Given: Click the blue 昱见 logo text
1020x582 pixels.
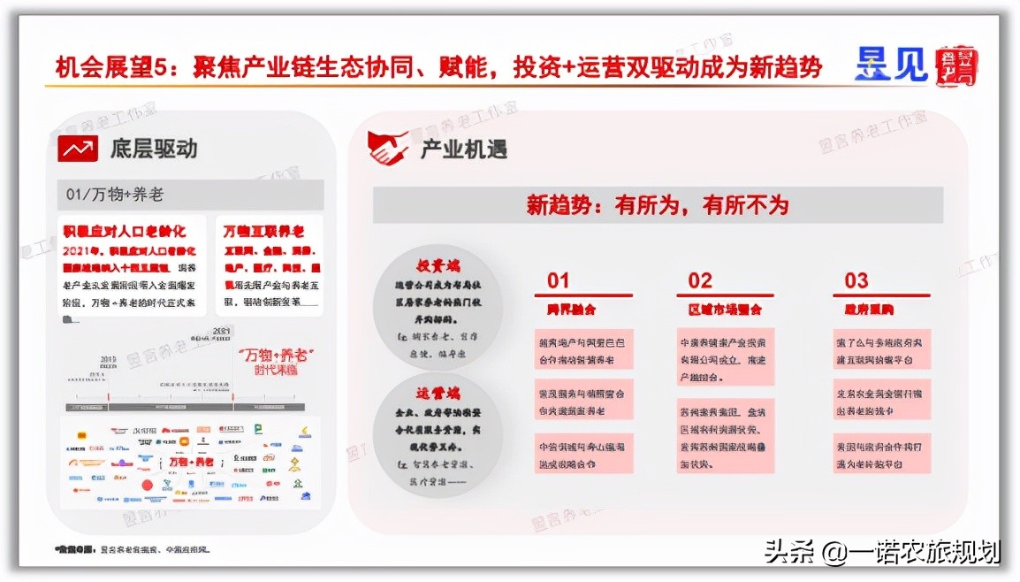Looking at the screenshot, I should tap(890, 64).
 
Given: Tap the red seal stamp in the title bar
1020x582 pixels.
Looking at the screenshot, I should tap(956, 65).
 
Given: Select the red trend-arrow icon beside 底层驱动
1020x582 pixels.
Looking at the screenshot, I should tap(78, 148).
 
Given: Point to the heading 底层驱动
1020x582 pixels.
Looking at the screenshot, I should tap(154, 148).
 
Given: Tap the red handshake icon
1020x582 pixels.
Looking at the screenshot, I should tap(388, 148).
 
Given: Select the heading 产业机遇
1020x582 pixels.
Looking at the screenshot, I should tap(463, 149).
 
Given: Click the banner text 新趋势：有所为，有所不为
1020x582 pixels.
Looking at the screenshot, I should tap(657, 205).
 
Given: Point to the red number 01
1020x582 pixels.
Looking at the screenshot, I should tap(559, 280).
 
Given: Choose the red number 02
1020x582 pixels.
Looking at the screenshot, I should tap(700, 280).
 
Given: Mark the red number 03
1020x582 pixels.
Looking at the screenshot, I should tap(856, 280).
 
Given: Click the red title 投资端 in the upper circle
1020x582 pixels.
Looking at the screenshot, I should tap(438, 265).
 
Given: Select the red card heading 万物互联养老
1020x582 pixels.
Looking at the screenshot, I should tap(263, 232).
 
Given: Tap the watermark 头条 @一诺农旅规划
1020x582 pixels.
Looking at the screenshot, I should tap(882, 553).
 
